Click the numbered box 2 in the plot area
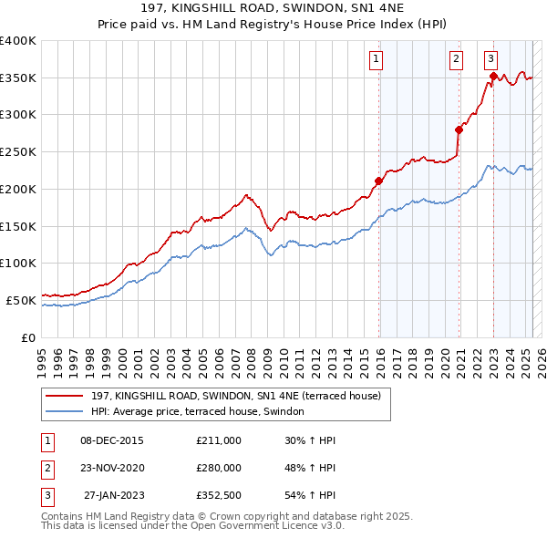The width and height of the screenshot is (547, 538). [x=456, y=60]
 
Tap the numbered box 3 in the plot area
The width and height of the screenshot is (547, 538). [x=490, y=60]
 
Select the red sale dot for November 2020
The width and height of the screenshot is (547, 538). [x=459, y=129]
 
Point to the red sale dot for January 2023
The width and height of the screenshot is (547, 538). [x=493, y=76]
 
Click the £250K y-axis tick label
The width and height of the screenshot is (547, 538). [x=17, y=151]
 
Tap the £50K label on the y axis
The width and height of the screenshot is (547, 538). [x=20, y=299]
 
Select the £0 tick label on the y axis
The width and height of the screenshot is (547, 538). [x=27, y=336]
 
